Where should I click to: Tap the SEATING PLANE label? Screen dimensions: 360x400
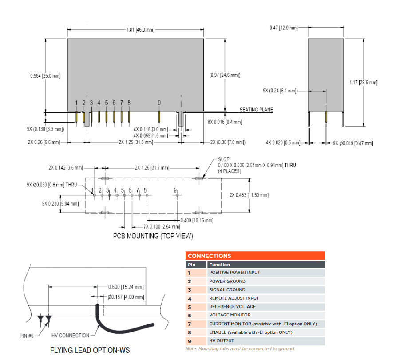256,110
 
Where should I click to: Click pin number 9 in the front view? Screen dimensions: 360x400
159,103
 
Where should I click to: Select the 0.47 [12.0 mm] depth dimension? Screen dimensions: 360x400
284,28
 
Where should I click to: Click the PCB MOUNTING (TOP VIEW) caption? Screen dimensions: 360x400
153,236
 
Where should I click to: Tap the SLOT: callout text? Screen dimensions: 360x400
225,159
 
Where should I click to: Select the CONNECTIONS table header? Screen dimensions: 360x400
209,256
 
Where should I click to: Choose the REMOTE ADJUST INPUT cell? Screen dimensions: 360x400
234,298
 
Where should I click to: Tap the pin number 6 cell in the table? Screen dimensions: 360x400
189,315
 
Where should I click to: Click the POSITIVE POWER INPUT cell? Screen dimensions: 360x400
234,273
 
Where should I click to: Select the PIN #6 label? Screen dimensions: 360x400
29,336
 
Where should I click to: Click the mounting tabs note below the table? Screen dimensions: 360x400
240,349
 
